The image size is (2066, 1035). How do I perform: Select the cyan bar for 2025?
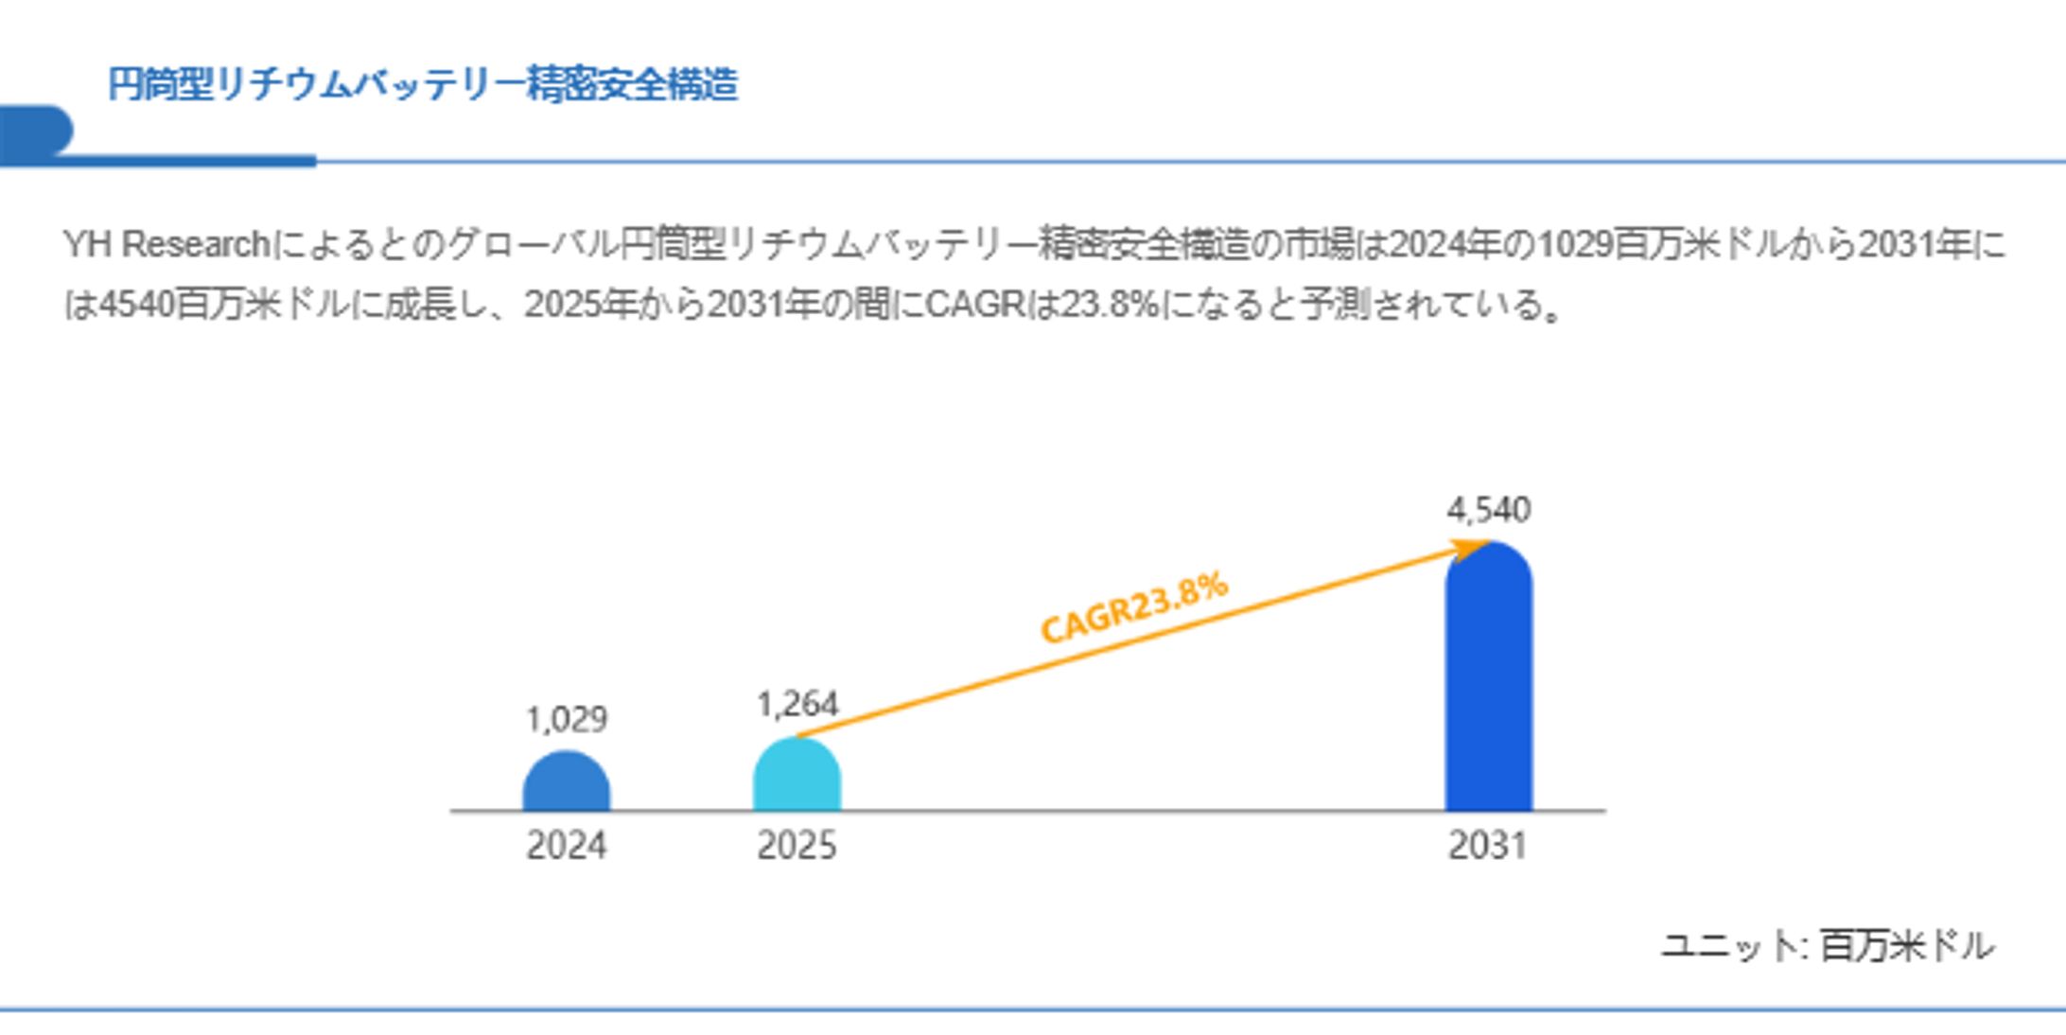[797, 778]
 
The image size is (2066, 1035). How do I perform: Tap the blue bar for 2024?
[566, 783]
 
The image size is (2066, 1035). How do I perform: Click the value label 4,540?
[1488, 511]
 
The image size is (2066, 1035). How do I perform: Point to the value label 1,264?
[797, 705]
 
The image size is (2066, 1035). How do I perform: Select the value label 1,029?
[566, 721]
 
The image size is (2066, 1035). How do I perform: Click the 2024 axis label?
[566, 845]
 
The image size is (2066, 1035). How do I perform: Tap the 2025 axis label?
[797, 845]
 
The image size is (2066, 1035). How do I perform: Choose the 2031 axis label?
[1488, 845]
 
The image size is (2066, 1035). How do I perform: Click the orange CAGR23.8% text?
[1134, 607]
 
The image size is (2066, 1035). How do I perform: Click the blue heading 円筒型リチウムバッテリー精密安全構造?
[422, 84]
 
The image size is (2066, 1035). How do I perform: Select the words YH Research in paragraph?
[166, 245]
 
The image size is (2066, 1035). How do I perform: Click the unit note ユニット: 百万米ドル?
[1828, 945]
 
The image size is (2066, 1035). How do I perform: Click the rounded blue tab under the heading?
[36, 131]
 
